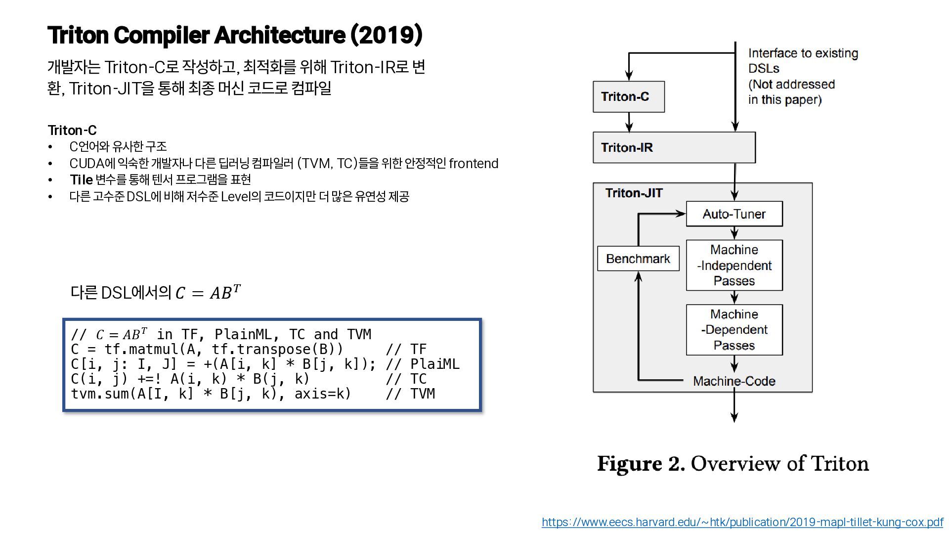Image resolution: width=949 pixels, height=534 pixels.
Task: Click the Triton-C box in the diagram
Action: click(628, 97)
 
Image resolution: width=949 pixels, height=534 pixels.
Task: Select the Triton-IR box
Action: click(674, 147)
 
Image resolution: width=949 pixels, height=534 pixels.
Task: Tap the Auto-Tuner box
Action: click(734, 214)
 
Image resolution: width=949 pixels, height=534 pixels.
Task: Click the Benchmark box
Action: click(638, 259)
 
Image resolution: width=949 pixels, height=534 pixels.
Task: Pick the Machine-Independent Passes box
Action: click(734, 266)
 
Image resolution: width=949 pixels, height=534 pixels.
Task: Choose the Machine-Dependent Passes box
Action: click(734, 330)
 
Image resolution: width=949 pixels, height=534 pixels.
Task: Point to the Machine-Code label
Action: click(734, 381)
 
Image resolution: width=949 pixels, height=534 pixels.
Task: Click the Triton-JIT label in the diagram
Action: click(634, 193)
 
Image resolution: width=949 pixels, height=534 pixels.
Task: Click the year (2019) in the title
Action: click(386, 35)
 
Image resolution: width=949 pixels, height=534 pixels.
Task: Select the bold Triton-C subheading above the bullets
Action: click(72, 131)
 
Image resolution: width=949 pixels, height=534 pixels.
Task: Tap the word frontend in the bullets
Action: click(473, 164)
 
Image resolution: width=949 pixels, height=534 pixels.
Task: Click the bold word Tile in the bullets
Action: click(81, 180)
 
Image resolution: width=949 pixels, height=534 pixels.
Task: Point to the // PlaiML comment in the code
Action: click(422, 364)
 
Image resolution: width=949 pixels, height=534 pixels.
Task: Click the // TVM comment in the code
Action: click(410, 394)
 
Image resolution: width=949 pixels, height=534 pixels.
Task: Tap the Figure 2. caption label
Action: click(641, 464)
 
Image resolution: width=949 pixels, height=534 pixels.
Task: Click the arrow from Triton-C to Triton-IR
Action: click(629, 122)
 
